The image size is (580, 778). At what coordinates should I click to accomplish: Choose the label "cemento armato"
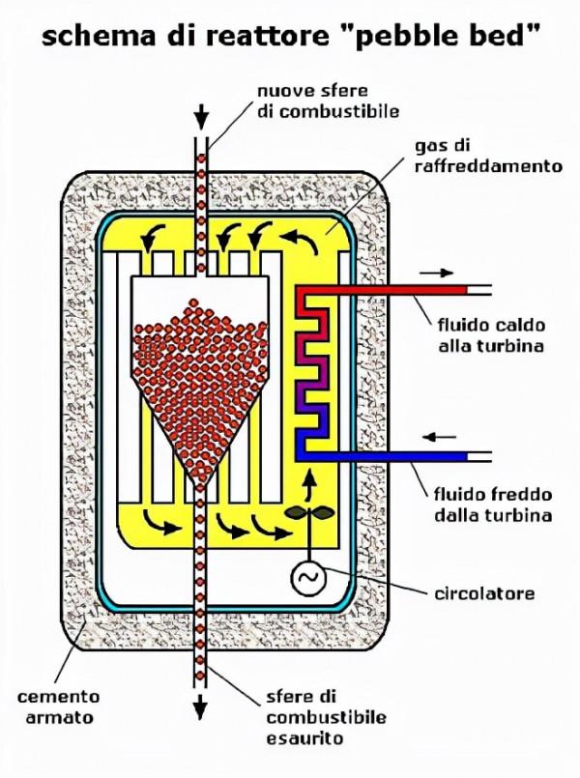[x=58, y=706]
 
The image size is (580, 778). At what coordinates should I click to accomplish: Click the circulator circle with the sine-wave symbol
[x=309, y=578]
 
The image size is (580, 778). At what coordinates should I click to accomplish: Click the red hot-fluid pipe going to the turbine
[x=406, y=289]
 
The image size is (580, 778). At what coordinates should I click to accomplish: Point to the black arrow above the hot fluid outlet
[x=435, y=273]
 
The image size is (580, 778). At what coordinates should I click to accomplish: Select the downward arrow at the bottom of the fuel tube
[x=201, y=706]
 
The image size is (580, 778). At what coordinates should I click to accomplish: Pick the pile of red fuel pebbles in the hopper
[x=201, y=377]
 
